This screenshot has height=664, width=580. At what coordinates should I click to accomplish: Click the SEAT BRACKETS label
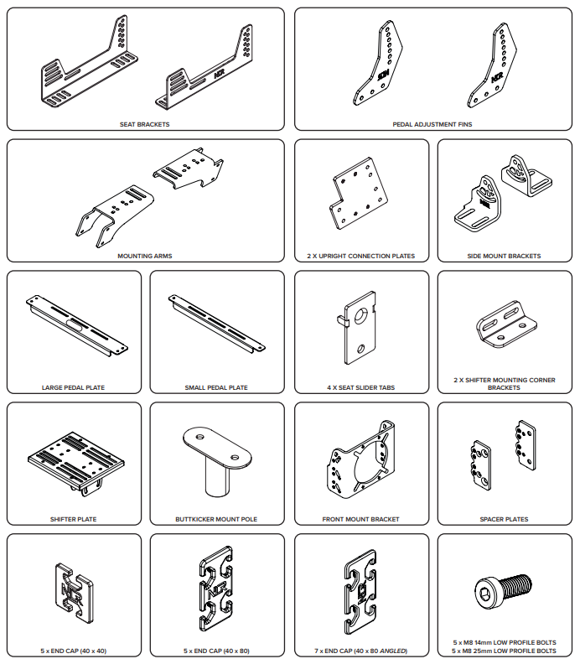144,124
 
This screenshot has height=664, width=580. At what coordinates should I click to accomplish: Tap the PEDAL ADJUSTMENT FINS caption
432,124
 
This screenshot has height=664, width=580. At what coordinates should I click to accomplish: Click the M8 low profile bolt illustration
504,591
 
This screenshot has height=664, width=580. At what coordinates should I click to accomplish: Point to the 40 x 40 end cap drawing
74,593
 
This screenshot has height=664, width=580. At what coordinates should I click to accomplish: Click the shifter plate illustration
76,463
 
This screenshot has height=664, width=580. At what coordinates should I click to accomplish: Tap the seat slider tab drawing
357,327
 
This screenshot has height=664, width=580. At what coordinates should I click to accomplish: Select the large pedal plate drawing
76,325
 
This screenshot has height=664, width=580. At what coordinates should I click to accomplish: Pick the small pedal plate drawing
217,323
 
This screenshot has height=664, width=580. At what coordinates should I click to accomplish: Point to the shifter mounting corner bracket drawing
506,324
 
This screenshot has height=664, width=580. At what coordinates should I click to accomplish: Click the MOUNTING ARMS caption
145,256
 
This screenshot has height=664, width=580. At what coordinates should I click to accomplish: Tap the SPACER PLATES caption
504,519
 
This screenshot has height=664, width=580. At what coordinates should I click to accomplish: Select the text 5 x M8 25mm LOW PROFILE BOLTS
504,651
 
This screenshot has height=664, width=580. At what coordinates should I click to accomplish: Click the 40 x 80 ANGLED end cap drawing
360,593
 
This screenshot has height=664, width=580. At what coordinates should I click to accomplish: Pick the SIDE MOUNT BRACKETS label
504,256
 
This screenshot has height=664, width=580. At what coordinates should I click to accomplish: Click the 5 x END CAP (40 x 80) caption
216,651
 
